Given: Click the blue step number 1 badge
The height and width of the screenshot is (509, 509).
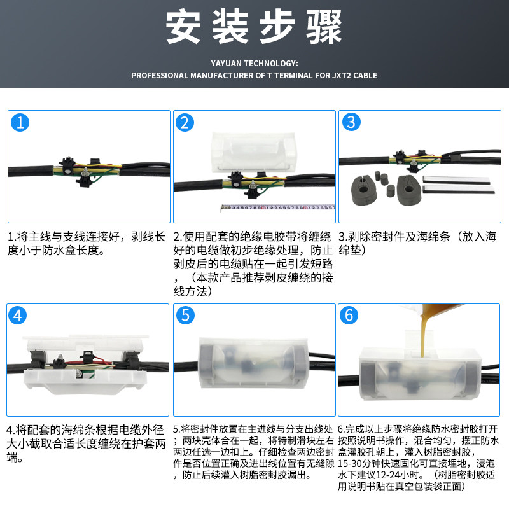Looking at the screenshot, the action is tap(20, 122).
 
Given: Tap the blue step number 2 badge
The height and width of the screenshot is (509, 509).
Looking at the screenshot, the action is tap(185, 122).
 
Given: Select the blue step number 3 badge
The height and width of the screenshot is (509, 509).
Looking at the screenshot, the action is tap(352, 122).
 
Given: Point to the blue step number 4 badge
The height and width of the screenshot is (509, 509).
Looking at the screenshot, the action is tap(18, 315).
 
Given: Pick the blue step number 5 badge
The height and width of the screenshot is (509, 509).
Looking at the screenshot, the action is tap(185, 315).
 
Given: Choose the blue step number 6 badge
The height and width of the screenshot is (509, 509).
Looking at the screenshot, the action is tap(349, 315).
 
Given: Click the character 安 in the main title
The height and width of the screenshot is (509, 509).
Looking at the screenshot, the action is tap(183, 27).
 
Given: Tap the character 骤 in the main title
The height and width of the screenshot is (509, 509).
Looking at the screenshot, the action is tap(324, 27).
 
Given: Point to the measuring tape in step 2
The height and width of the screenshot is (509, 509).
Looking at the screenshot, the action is tap(278, 207).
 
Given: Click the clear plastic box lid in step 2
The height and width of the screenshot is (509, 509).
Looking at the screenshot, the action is tap(253, 152).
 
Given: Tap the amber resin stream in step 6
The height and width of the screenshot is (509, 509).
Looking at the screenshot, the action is tap(424, 335).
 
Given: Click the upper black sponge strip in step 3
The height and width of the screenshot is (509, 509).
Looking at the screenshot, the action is tap(456, 180).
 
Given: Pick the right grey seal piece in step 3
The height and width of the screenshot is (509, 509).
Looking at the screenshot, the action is tap(409, 190).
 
